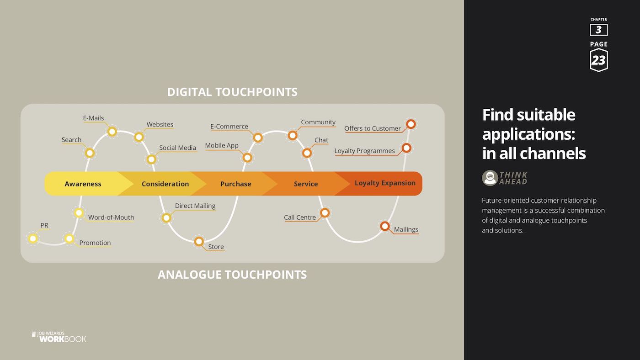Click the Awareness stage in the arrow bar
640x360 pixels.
pos(83,184)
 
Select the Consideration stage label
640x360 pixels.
pos(165,184)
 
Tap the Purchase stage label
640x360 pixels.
pos(236,184)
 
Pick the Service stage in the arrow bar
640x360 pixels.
pos(306,184)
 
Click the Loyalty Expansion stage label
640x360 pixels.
pos(385,183)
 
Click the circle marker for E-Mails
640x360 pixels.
pos(112,132)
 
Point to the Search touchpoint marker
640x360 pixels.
pos(90,153)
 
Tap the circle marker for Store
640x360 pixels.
pos(199,242)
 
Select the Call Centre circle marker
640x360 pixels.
pos(325,213)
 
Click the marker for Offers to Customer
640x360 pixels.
pos(411,124)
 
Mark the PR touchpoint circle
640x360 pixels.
pos(33,238)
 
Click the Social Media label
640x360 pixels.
pos(177,148)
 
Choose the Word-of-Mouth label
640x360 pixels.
pos(111,217)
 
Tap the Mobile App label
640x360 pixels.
pos(222,145)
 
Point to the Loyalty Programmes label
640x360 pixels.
pos(364,151)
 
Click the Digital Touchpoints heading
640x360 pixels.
pos(232,92)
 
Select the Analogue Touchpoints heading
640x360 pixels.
pos(232,275)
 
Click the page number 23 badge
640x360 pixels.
pos(598,60)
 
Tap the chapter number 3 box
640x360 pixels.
pos(598,30)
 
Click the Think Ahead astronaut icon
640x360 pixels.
pos(490,178)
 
